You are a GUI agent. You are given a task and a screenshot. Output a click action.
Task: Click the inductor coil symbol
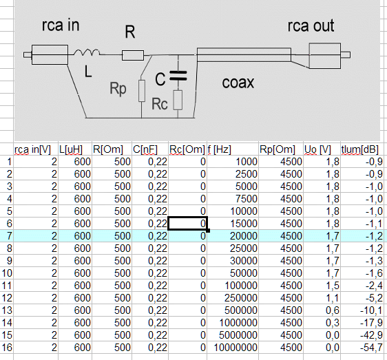(87, 52)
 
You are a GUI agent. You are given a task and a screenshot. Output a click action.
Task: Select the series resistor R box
(133, 55)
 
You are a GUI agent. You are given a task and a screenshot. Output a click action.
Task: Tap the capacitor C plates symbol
(178, 76)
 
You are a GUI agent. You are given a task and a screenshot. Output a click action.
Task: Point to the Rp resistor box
(142, 91)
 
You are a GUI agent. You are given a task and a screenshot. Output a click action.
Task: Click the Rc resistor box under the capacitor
(178, 100)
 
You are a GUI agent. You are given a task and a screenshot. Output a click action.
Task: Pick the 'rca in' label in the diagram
(61, 25)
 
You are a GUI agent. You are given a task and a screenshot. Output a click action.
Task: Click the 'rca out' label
(311, 25)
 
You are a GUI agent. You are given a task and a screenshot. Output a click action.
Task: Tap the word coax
(238, 83)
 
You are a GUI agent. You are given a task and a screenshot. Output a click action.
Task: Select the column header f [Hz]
(220, 149)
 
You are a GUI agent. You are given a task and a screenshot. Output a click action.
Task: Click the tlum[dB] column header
(359, 149)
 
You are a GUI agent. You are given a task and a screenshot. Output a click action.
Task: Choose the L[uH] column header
(71, 149)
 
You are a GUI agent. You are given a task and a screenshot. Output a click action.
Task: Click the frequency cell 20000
(244, 236)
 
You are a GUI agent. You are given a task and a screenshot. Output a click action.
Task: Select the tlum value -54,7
(371, 348)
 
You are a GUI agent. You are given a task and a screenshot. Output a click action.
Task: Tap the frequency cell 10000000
(236, 348)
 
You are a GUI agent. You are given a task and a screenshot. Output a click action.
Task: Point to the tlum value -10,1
(371, 310)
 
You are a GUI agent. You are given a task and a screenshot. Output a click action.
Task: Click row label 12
(7, 298)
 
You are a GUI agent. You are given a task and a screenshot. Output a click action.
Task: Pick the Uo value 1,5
(333, 286)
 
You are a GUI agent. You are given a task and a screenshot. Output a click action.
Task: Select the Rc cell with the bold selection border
(187, 223)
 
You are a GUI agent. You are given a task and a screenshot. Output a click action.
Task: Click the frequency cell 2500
(247, 174)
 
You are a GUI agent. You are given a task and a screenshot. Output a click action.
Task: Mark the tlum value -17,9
(371, 323)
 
